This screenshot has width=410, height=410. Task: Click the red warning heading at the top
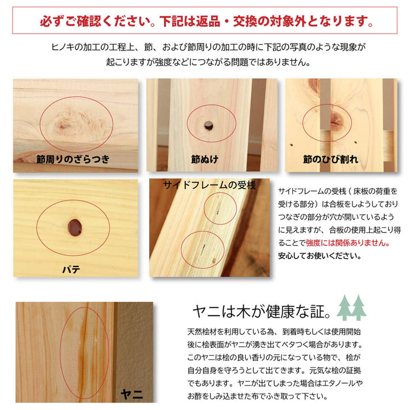point(206,22)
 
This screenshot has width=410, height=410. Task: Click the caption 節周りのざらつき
point(72,159)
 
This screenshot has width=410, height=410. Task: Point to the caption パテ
point(71,269)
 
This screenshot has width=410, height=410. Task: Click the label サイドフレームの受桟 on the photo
point(209,185)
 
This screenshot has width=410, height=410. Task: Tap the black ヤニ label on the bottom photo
point(132,394)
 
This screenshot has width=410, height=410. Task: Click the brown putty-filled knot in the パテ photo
point(75,227)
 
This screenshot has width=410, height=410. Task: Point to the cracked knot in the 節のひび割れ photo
point(335,120)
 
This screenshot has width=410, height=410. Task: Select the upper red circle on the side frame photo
point(219,208)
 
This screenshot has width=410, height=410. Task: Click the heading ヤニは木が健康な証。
point(261,311)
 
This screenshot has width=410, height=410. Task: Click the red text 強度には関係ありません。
point(348,243)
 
